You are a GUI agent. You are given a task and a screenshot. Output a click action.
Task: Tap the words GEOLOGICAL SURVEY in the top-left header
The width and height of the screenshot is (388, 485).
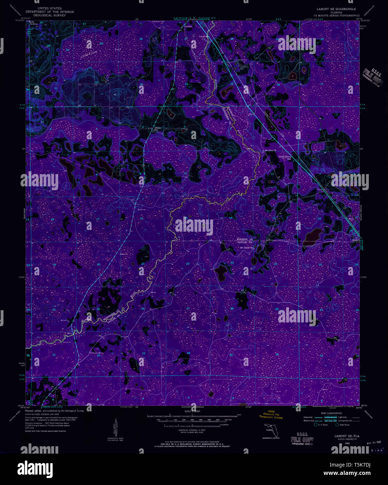(x=52, y=15)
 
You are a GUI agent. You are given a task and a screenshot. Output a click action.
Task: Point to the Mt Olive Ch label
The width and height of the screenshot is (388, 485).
(x=270, y=150)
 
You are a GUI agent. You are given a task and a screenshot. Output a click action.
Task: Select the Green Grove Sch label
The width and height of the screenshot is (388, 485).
(x=284, y=157)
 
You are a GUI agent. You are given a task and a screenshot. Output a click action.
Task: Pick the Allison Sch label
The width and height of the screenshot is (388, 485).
(x=158, y=128)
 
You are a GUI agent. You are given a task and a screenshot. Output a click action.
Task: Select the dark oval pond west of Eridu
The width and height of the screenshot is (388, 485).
(x=312, y=237)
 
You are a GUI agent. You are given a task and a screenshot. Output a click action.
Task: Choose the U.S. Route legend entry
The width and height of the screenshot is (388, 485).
(x=321, y=425)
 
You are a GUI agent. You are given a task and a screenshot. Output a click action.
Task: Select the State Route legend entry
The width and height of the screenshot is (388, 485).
(x=343, y=425)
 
